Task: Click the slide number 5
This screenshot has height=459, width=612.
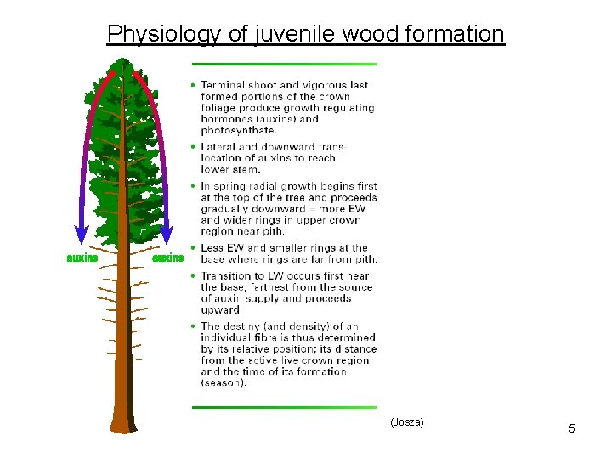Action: coord(572,428)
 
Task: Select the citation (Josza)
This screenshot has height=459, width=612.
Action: coord(406,422)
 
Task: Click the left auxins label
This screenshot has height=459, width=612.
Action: coord(82,258)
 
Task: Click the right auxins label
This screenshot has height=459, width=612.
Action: coord(167,258)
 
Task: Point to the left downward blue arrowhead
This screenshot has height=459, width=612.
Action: coord(81,236)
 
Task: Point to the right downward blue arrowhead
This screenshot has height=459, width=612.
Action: coord(167,236)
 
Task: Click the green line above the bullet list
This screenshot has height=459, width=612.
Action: coord(284,64)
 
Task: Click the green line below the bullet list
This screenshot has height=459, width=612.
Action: coord(284,407)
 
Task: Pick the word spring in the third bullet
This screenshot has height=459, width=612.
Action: coord(228,186)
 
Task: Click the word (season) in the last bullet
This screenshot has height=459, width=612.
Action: coord(224,382)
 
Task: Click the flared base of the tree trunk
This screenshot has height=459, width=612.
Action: coord(123,421)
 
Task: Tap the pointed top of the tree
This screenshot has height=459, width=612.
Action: coord(124,61)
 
